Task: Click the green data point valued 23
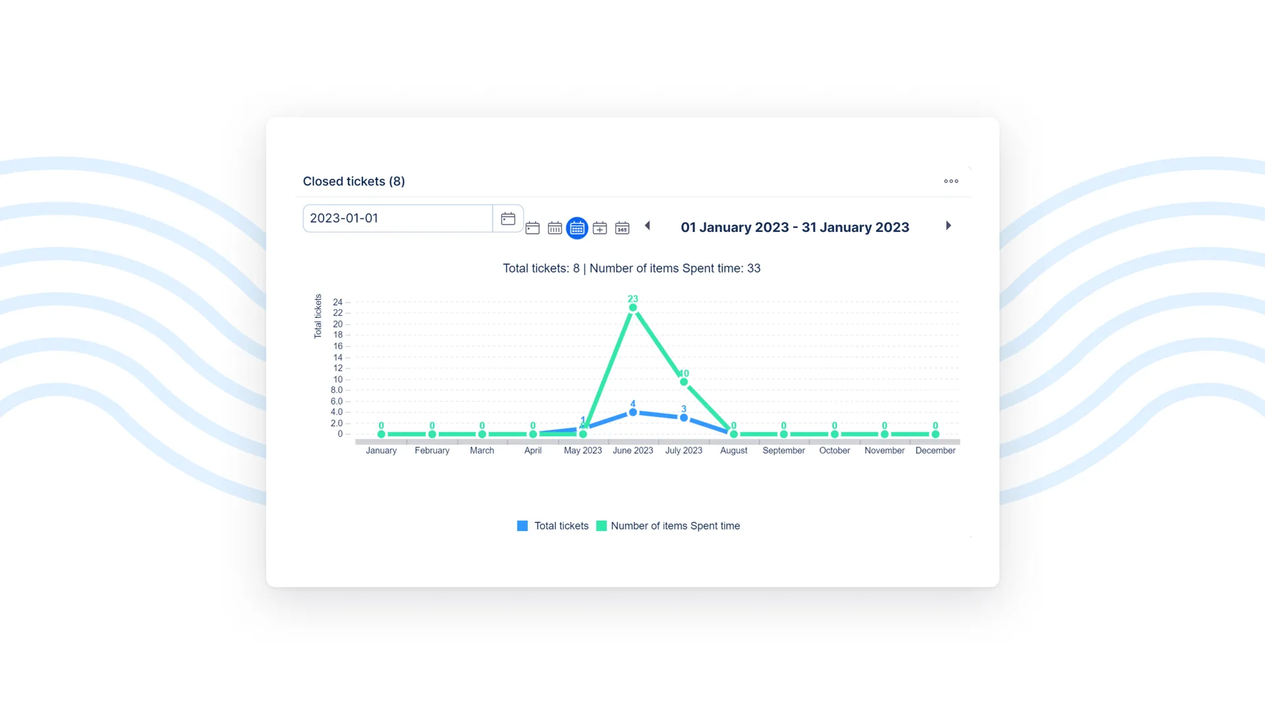[x=632, y=308]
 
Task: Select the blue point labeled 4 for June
[x=632, y=412]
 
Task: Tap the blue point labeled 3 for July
[x=683, y=418]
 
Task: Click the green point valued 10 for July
[x=683, y=382]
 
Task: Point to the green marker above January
[x=381, y=434]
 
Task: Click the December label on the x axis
[x=935, y=451]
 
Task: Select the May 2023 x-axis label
[x=582, y=451]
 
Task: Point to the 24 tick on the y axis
[x=337, y=302]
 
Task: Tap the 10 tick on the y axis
[x=337, y=380]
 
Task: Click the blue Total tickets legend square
[x=522, y=526]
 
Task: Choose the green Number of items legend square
[x=601, y=526]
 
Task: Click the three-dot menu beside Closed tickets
[x=951, y=181]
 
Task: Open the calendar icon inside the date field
[x=507, y=219]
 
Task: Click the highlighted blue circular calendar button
[x=576, y=228]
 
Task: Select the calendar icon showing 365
[x=622, y=228]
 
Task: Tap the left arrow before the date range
[x=648, y=225]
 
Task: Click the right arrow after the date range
[x=948, y=225]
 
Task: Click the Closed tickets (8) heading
[x=354, y=181]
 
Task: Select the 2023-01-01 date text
[x=344, y=218]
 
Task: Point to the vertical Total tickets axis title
[x=318, y=316]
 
